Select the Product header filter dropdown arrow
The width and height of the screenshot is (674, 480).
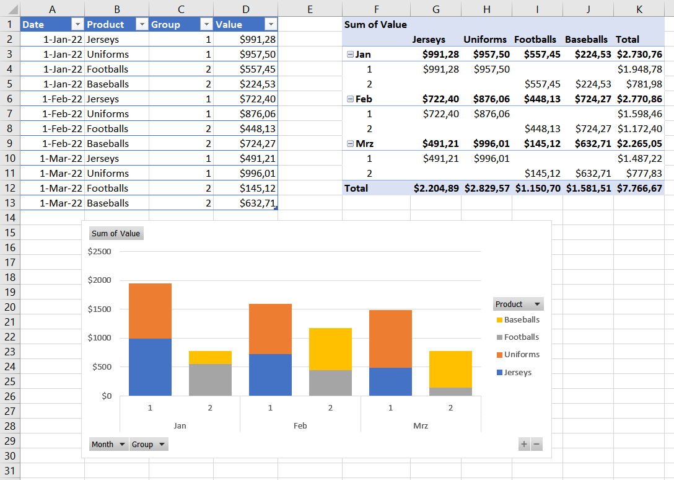tap(142, 24)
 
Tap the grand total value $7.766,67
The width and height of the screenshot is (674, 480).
tap(639, 188)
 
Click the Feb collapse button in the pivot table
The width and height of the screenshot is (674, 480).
tap(350, 99)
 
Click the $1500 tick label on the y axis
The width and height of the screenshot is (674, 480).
tap(100, 309)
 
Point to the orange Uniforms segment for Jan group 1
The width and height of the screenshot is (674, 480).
tap(150, 310)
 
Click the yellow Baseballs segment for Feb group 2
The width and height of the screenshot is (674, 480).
tap(330, 349)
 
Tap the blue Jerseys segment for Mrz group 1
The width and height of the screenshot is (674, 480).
tap(390, 381)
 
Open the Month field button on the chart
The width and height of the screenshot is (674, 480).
tap(108, 444)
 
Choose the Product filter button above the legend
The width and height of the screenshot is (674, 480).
tap(519, 304)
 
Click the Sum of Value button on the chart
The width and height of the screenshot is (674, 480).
tap(116, 233)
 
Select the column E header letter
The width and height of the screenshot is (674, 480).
tap(310, 9)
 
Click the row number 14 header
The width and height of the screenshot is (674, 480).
tap(10, 218)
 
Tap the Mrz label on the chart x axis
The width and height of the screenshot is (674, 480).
tap(421, 426)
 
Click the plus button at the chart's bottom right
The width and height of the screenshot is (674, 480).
tap(524, 444)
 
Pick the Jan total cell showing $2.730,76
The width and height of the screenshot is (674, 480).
tap(639, 54)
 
